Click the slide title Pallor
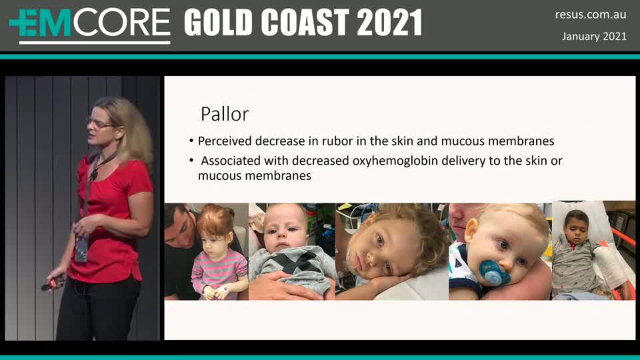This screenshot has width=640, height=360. click(x=224, y=114)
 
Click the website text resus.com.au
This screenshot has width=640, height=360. click(x=590, y=14)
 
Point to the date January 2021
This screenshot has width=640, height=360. click(x=594, y=36)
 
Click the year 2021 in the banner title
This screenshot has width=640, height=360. click(x=389, y=22)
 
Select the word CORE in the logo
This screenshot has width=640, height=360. click(x=121, y=22)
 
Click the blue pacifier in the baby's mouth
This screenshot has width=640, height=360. click(x=493, y=272)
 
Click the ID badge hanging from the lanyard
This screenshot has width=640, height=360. click(x=81, y=248)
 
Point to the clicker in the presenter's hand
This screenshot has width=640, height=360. click(x=53, y=283)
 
